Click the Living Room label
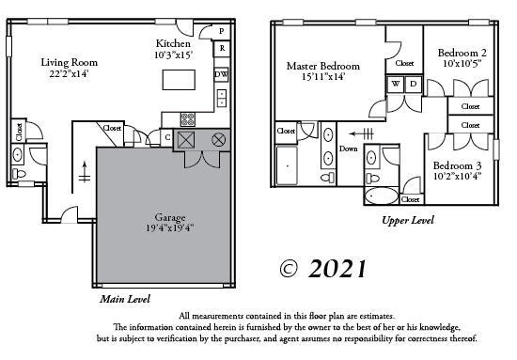(69, 63)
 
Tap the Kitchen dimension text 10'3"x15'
(174, 55)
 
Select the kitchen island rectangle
(179, 80)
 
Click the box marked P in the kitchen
(222, 31)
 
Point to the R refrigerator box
(222, 48)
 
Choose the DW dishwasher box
(221, 74)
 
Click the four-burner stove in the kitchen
(187, 119)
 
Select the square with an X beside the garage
(186, 139)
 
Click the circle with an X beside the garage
(218, 139)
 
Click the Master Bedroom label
(323, 66)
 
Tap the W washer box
(396, 85)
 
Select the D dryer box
(411, 85)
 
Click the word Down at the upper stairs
(348, 149)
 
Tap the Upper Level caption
(408, 220)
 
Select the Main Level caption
(127, 299)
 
